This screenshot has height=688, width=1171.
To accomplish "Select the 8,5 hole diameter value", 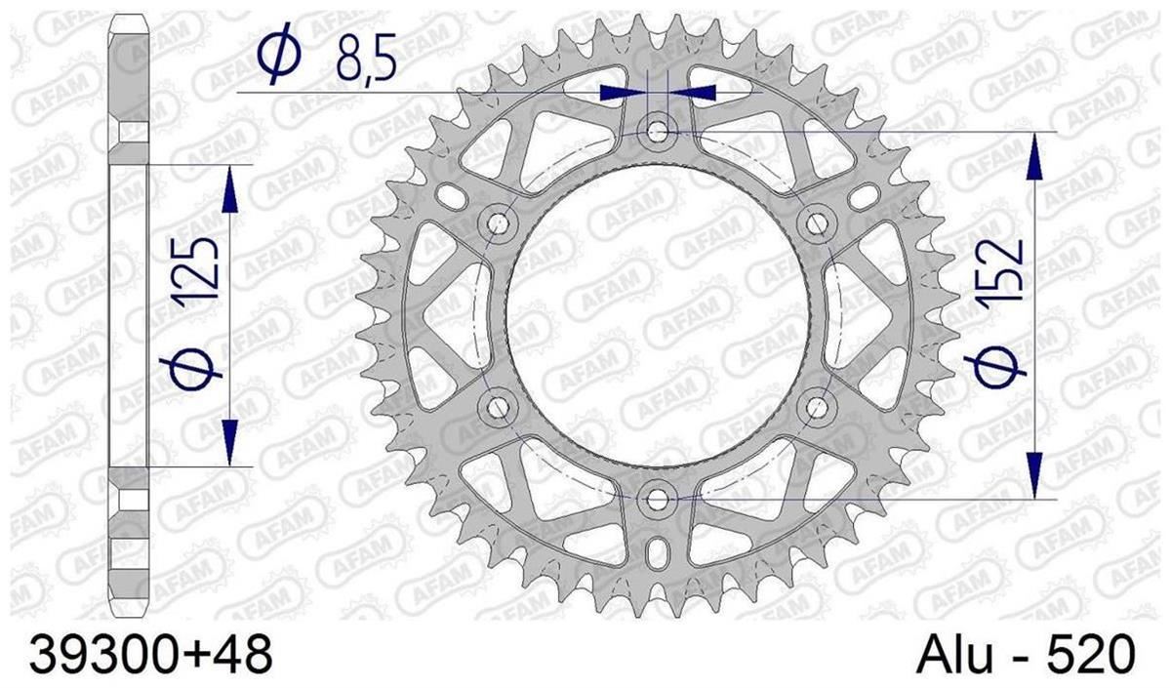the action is (366, 58).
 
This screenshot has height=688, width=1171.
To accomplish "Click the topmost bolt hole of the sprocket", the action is (658, 131).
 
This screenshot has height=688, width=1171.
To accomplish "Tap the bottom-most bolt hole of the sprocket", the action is (658, 501).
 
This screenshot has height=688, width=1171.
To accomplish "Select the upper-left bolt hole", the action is (497, 223).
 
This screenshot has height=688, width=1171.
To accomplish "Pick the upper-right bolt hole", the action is (817, 223).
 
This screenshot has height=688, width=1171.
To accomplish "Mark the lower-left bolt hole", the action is (497, 407).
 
